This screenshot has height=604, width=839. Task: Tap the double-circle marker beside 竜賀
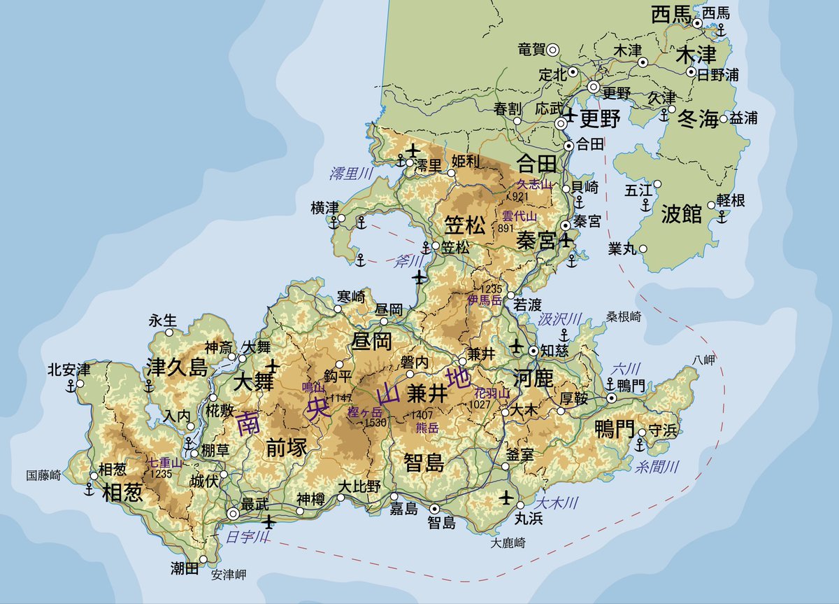click(552, 49)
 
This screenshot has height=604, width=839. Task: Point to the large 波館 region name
click(681, 214)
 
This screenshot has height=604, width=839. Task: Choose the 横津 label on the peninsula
click(325, 208)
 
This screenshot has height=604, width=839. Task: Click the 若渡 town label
click(528, 305)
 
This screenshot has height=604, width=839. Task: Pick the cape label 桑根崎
click(624, 316)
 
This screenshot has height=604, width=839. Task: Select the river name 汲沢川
click(560, 319)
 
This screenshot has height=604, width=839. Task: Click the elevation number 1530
click(375, 423)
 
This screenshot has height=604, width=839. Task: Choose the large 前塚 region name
click(287, 449)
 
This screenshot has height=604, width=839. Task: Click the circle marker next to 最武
click(233, 514)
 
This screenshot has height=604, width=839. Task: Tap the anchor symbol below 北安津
click(71, 386)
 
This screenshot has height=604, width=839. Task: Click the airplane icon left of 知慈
click(517, 346)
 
